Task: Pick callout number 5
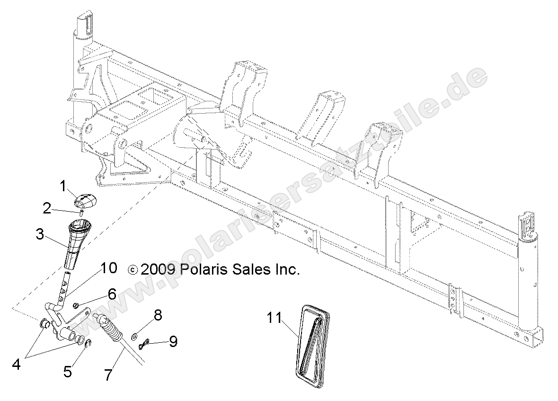tap(69, 371)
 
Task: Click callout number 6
tap(112, 294)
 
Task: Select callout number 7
tap(108, 374)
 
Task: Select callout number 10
tap(108, 268)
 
